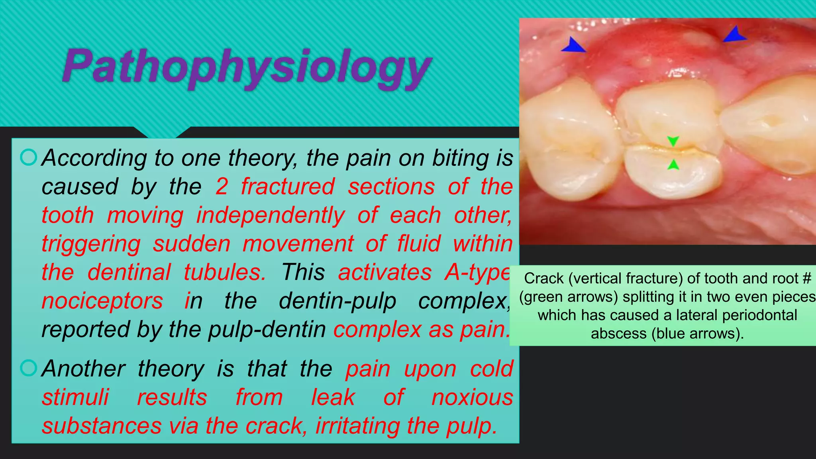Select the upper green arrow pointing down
[673, 141]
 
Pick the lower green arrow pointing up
[673, 165]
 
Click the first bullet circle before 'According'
[28, 157]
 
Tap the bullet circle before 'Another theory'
[28, 368]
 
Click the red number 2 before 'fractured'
[222, 186]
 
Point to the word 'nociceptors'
[102, 301]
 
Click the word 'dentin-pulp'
[337, 301]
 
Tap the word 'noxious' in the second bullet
[472, 397]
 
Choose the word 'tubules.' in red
[225, 273]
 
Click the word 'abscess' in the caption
[618, 333]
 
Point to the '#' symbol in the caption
[807, 278]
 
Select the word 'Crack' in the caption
[544, 278]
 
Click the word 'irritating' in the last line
[358, 426]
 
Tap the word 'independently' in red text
[271, 216]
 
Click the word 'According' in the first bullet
[94, 158]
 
